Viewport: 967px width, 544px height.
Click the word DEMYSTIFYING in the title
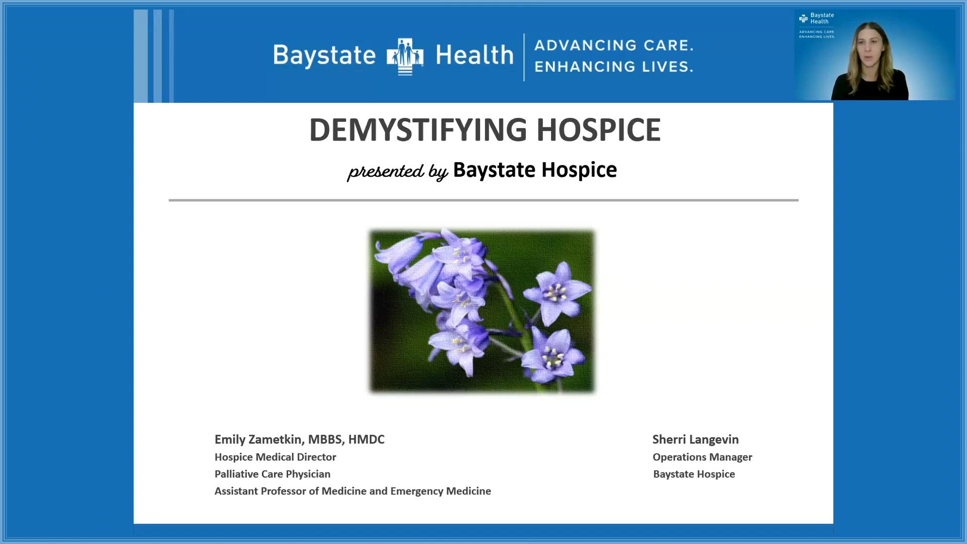point(418,130)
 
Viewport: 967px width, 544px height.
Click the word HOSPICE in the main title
point(598,130)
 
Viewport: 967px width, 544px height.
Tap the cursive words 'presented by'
point(397,171)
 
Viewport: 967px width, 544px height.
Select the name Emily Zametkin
point(258,440)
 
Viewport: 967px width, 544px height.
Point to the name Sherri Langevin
point(696,440)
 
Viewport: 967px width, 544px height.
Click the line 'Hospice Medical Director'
point(275,457)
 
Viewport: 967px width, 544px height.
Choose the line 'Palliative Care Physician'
point(272,474)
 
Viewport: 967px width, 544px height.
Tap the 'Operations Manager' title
point(702,457)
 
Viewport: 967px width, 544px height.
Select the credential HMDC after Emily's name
point(366,440)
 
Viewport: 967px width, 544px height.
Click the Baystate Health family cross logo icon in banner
point(405,56)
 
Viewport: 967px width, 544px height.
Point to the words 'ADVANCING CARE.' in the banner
point(613,45)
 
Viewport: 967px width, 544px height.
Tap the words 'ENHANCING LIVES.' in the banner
point(613,66)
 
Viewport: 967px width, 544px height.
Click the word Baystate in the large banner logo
point(324,55)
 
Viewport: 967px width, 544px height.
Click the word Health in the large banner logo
point(474,54)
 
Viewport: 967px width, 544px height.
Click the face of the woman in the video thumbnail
point(870,48)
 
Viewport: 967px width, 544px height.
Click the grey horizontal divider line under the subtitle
point(483,200)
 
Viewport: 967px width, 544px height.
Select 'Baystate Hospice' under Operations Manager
point(694,474)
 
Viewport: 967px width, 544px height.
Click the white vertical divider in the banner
point(524,57)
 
